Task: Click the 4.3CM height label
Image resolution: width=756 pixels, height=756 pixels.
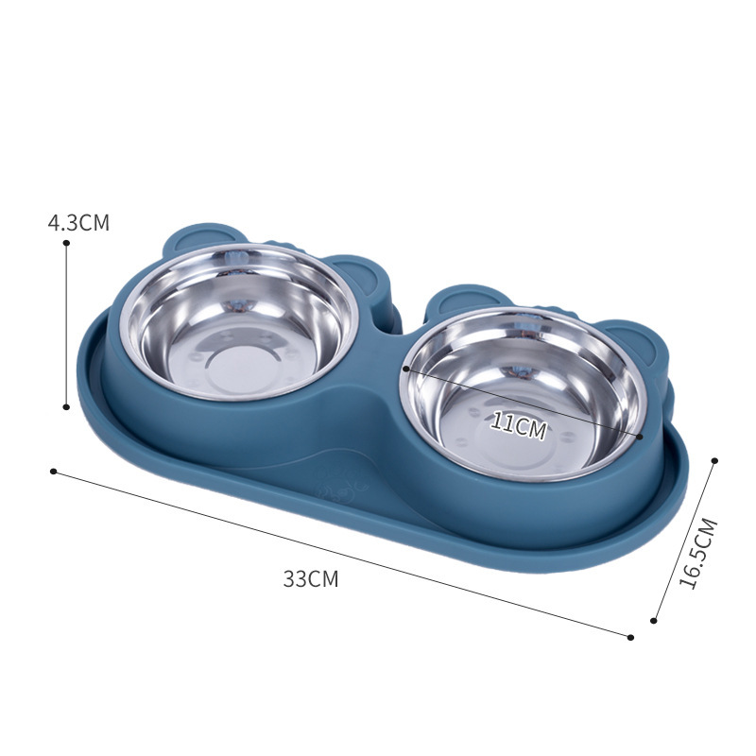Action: [x=78, y=224]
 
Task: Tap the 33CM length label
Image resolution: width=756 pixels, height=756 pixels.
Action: [x=310, y=580]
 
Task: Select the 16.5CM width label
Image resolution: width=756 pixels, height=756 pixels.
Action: [x=698, y=554]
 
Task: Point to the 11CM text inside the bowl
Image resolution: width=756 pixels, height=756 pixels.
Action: [x=518, y=426]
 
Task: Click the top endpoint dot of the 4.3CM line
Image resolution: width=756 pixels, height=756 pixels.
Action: [x=66, y=243]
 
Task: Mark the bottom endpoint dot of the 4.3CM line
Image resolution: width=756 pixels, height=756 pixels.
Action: [x=66, y=407]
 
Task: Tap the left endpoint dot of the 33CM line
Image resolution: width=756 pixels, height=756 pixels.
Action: [x=54, y=471]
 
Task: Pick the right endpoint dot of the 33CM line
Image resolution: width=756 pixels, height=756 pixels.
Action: [x=630, y=636]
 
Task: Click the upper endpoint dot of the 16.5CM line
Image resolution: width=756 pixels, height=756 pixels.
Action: [x=714, y=460]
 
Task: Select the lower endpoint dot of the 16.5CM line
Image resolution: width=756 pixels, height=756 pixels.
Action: [x=653, y=621]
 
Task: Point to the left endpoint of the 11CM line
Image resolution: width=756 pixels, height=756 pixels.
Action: [x=405, y=369]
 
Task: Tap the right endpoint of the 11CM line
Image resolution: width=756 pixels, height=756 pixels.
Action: [x=641, y=437]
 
